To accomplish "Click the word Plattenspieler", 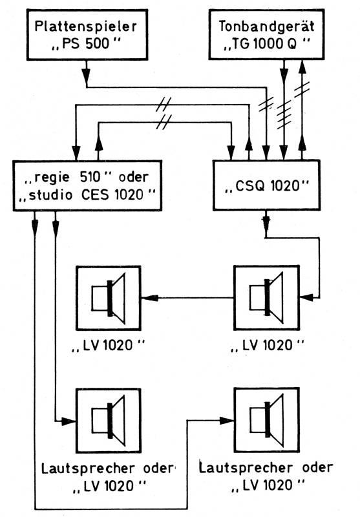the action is (85, 26).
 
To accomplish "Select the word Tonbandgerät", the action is (267, 26).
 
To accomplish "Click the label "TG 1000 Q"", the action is (267, 44).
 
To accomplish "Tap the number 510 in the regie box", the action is (90, 177).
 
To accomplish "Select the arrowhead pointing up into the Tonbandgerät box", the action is (302, 69).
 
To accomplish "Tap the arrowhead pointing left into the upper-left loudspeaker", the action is (150, 298).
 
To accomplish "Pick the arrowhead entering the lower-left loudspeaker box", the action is (68, 421).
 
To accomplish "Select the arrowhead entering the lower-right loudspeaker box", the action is (226, 421).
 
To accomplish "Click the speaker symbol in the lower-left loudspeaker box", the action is (109, 421).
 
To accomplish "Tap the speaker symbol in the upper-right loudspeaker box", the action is (266, 297).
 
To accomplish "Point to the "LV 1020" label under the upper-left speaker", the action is (109, 346).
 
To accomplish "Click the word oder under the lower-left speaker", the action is (158, 469).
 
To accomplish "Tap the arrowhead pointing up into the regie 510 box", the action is (98, 143).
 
